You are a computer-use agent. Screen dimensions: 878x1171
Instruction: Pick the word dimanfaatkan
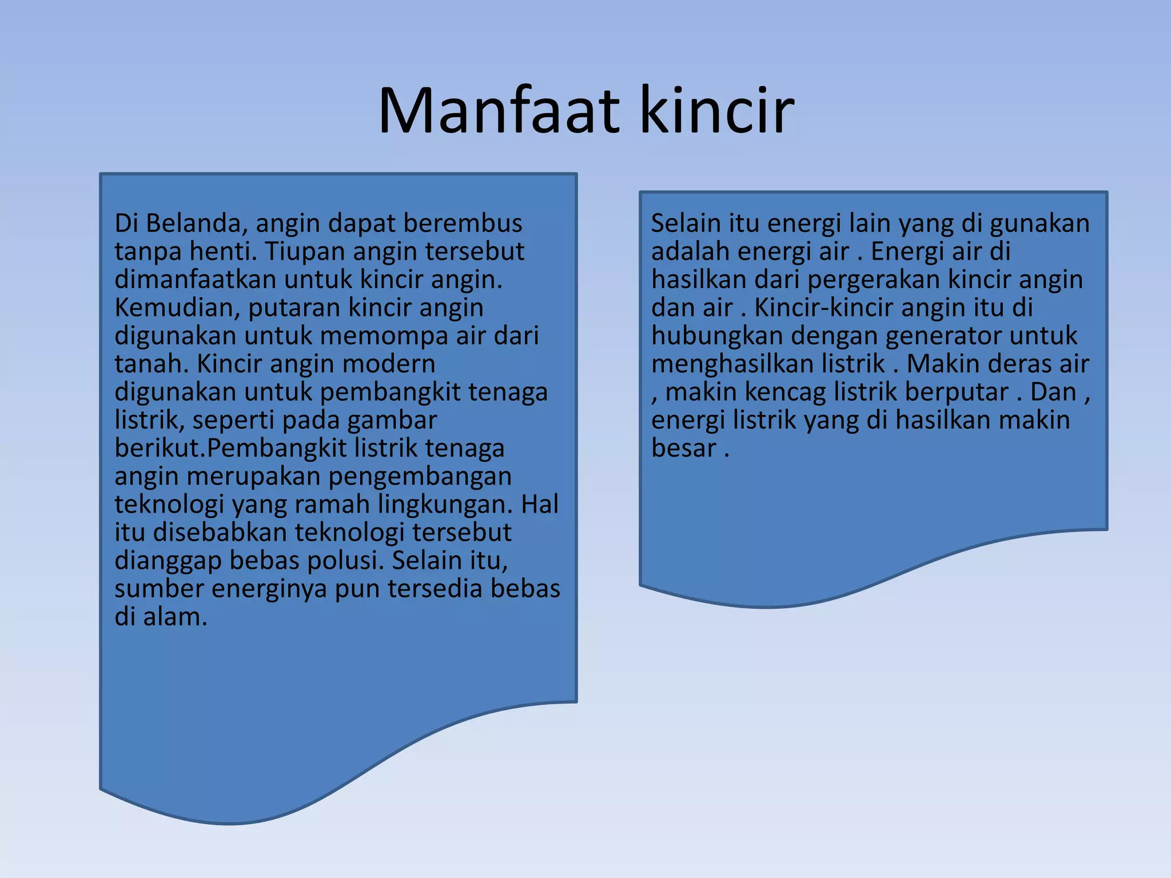click(x=196, y=280)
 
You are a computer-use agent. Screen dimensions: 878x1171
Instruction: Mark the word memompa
click(x=384, y=336)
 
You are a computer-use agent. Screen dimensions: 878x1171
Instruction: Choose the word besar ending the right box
click(x=683, y=448)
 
